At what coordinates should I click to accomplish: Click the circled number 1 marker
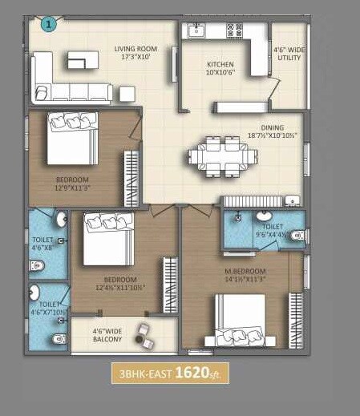coord(49,25)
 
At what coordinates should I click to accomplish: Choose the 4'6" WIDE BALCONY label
coord(107,334)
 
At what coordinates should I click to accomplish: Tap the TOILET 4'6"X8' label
coord(42,243)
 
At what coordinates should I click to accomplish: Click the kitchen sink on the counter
coord(196,32)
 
